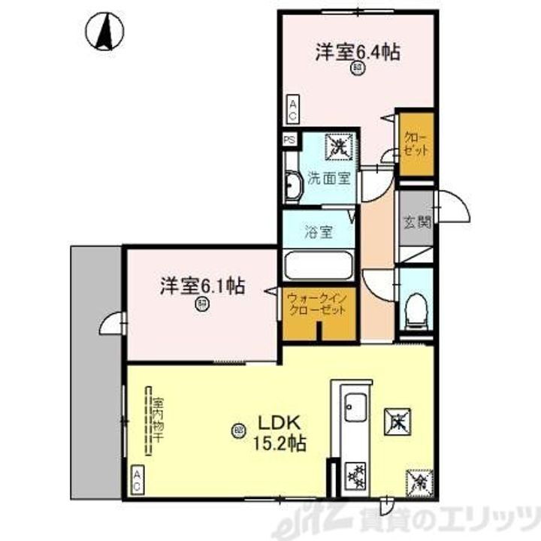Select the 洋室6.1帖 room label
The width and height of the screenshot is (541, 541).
pyautogui.click(x=201, y=286)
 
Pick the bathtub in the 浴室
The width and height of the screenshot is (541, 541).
pyautogui.click(x=318, y=267)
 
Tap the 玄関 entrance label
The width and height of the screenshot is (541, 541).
pyautogui.click(x=416, y=222)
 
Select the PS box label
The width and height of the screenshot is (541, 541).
pyautogui.click(x=289, y=140)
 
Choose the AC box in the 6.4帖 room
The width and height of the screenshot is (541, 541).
pyautogui.click(x=292, y=110)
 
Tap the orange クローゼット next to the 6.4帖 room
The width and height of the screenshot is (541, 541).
pyautogui.click(x=416, y=144)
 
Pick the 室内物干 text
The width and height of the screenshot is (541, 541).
pyautogui.click(x=157, y=422)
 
